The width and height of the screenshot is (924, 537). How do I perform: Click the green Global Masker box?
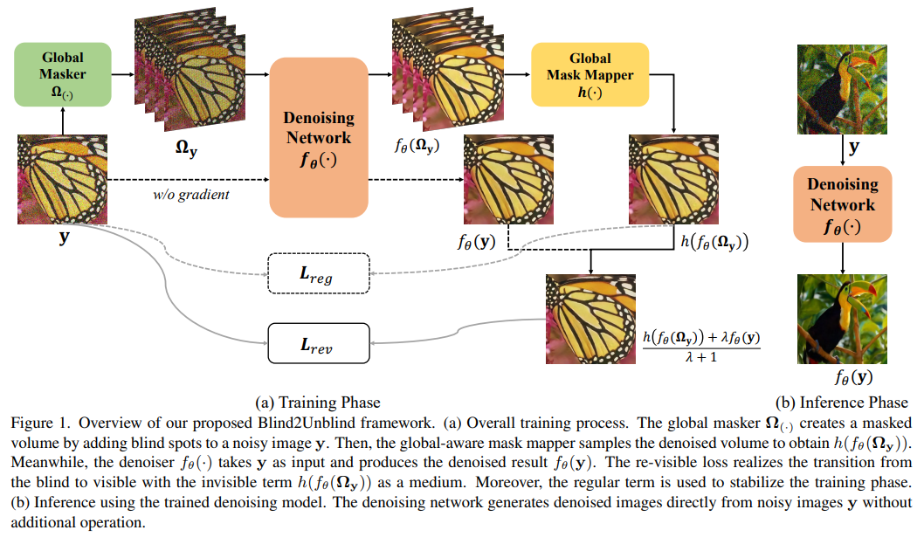coord(63,74)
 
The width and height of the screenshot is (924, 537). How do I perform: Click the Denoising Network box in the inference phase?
coord(841,204)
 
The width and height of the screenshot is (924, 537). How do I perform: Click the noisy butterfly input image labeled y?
coord(63,179)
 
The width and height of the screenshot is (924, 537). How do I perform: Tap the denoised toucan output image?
coord(841,318)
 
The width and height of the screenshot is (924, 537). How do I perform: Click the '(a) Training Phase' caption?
coord(317,403)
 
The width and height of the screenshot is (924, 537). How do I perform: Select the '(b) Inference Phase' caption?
coord(841,403)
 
